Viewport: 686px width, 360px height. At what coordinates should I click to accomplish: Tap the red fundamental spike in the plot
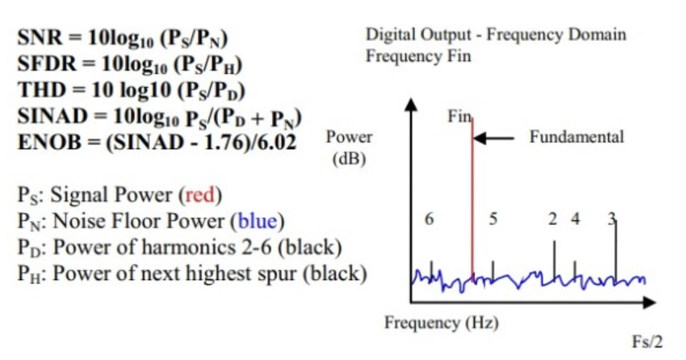[473, 201]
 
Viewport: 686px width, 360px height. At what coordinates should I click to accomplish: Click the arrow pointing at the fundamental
[493, 138]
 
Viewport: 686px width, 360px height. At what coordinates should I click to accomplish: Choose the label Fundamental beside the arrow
[577, 137]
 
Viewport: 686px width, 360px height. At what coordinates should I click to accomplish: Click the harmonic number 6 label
[430, 219]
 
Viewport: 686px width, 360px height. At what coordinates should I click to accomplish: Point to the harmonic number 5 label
[493, 219]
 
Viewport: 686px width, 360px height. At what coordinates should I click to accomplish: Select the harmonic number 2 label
[552, 219]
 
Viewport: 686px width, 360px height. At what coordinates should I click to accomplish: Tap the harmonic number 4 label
[575, 219]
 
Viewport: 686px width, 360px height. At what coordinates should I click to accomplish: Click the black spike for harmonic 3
[616, 249]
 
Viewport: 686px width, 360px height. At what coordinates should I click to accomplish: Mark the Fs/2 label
[646, 342]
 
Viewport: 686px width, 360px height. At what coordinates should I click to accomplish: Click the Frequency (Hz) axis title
[441, 323]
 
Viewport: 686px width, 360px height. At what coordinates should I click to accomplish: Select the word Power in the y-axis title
[349, 138]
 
